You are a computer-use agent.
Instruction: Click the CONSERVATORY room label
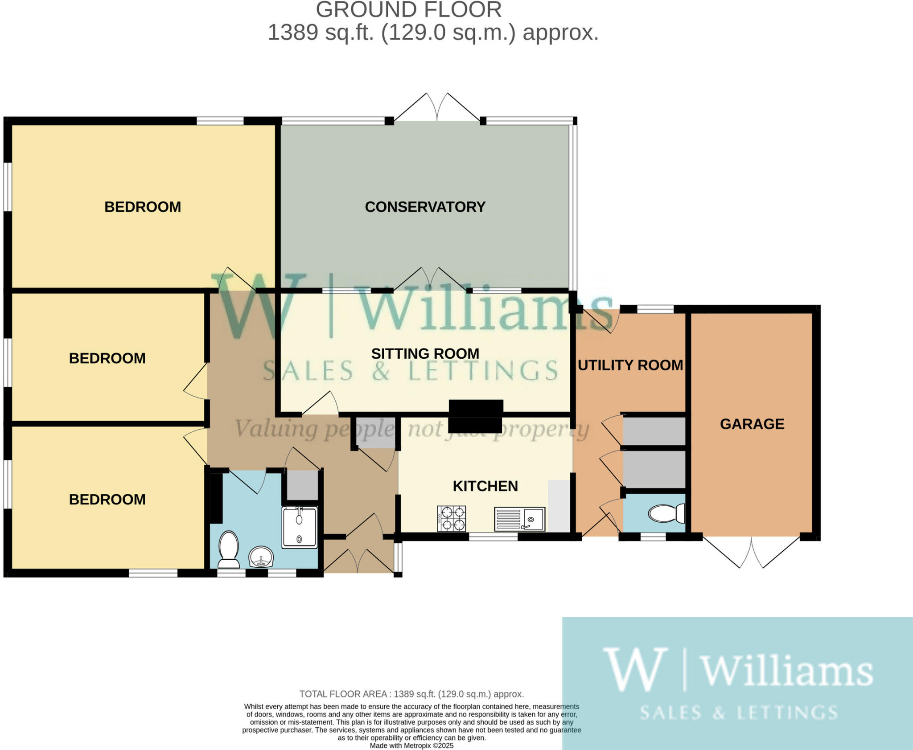click(x=425, y=207)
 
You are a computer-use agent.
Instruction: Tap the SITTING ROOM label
click(x=425, y=353)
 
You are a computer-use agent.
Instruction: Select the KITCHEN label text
click(x=485, y=486)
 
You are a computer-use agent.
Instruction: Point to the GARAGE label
click(x=752, y=424)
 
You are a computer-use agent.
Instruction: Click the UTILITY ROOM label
click(x=630, y=365)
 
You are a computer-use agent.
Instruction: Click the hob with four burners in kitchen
click(x=452, y=518)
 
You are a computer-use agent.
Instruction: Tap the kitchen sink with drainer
click(x=519, y=519)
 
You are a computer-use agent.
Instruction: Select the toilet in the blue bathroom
click(x=229, y=549)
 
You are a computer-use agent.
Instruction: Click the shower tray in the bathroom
click(x=300, y=527)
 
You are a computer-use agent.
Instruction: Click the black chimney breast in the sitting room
click(x=476, y=416)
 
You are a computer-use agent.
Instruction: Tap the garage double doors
click(x=752, y=553)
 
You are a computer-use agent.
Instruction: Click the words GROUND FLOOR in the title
click(x=409, y=10)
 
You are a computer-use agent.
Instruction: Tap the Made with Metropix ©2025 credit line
click(x=411, y=746)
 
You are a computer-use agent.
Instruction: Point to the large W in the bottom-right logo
click(x=635, y=670)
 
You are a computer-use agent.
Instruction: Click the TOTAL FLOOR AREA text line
click(x=411, y=694)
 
